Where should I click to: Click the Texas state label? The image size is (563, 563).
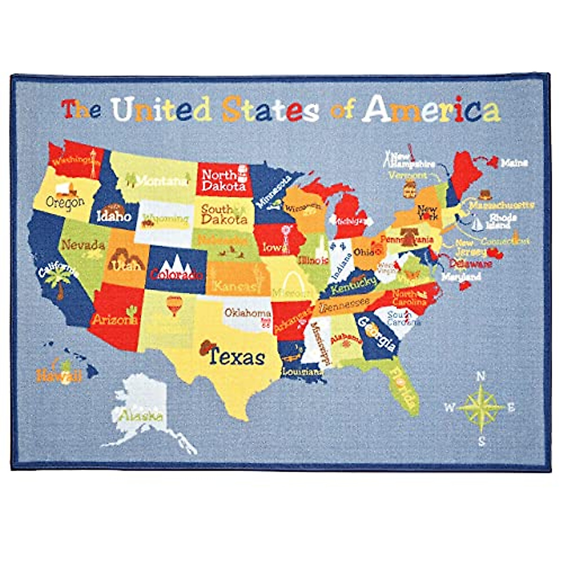(x=236, y=357)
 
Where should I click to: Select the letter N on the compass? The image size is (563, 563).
(x=480, y=376)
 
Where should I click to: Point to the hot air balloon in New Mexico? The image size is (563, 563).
(x=174, y=305)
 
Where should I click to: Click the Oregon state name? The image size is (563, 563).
(x=65, y=203)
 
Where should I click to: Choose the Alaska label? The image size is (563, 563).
(x=140, y=416)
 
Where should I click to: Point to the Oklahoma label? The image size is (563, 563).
(x=247, y=313)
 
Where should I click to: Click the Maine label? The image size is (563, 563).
(x=514, y=163)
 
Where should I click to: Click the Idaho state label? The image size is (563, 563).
(x=114, y=216)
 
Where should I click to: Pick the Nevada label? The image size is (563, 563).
(x=83, y=244)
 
